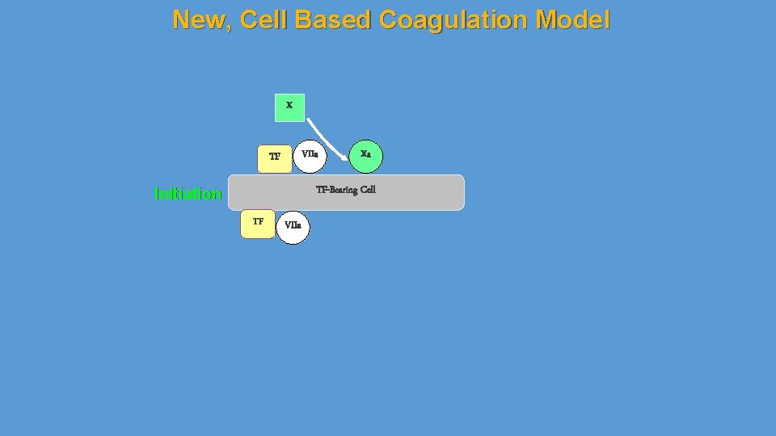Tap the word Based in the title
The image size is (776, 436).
(333, 19)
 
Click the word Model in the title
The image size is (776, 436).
(576, 19)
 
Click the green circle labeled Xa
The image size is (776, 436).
(365, 156)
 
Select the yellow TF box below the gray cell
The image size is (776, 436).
(258, 223)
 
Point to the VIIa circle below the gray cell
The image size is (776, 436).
(293, 227)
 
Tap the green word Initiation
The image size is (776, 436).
(188, 194)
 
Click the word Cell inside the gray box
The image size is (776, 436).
(367, 191)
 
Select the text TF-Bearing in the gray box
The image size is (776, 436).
(335, 191)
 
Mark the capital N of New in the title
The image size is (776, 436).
(181, 19)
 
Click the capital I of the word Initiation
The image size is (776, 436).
(156, 194)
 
